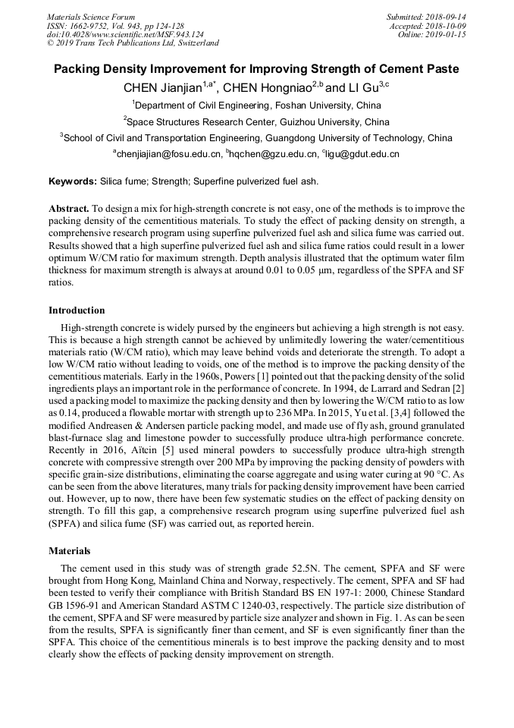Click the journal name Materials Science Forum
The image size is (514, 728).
[91, 17]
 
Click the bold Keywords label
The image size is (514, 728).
[73, 182]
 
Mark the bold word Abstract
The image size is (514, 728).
[69, 208]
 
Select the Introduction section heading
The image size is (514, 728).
[77, 310]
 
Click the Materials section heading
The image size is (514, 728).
[70, 550]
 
